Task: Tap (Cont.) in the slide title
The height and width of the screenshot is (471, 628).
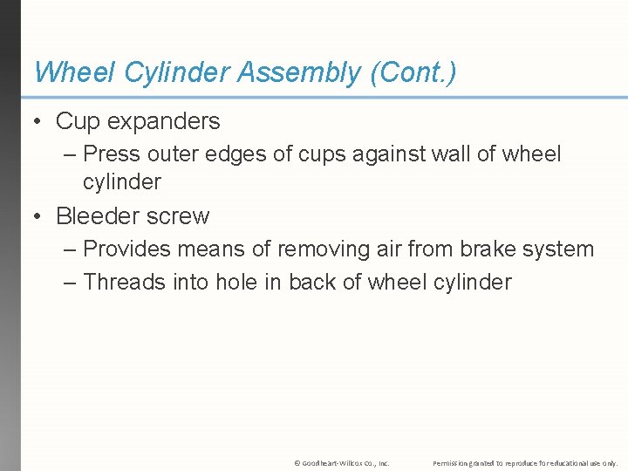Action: click(413, 73)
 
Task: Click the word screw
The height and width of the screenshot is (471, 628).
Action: click(181, 215)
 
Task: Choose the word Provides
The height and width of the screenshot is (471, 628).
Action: click(132, 249)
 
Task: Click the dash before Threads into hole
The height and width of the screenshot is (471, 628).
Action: click(71, 282)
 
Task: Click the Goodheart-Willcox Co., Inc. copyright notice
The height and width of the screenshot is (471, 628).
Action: click(342, 462)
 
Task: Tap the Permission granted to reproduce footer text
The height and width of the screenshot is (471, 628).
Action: click(525, 462)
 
